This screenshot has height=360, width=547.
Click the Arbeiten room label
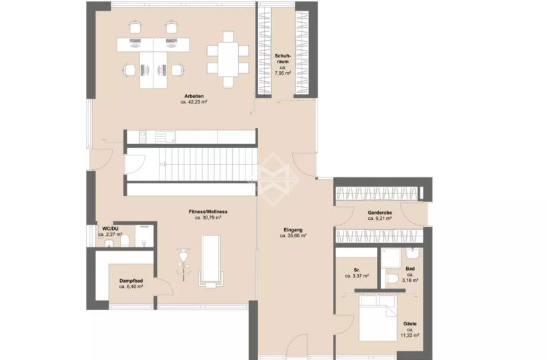194,96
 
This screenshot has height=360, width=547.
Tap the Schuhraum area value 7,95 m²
283,73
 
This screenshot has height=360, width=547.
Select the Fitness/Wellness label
208,211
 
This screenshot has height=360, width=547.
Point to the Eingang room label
293,230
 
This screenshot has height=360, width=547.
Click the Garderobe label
380,213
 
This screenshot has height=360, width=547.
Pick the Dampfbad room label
131,281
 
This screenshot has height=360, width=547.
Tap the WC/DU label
110,229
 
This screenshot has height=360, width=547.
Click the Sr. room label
357,270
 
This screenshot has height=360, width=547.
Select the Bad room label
410,269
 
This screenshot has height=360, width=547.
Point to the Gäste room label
410,324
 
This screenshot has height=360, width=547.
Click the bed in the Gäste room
378,318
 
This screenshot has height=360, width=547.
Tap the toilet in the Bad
392,279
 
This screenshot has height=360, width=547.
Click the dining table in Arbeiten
229,59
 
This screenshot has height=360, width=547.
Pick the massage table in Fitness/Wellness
211,261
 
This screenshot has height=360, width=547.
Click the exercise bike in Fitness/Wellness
183,263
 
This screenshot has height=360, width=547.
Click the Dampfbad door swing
164,287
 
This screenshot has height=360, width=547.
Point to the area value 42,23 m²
194,102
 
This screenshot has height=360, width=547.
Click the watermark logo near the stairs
274,179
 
